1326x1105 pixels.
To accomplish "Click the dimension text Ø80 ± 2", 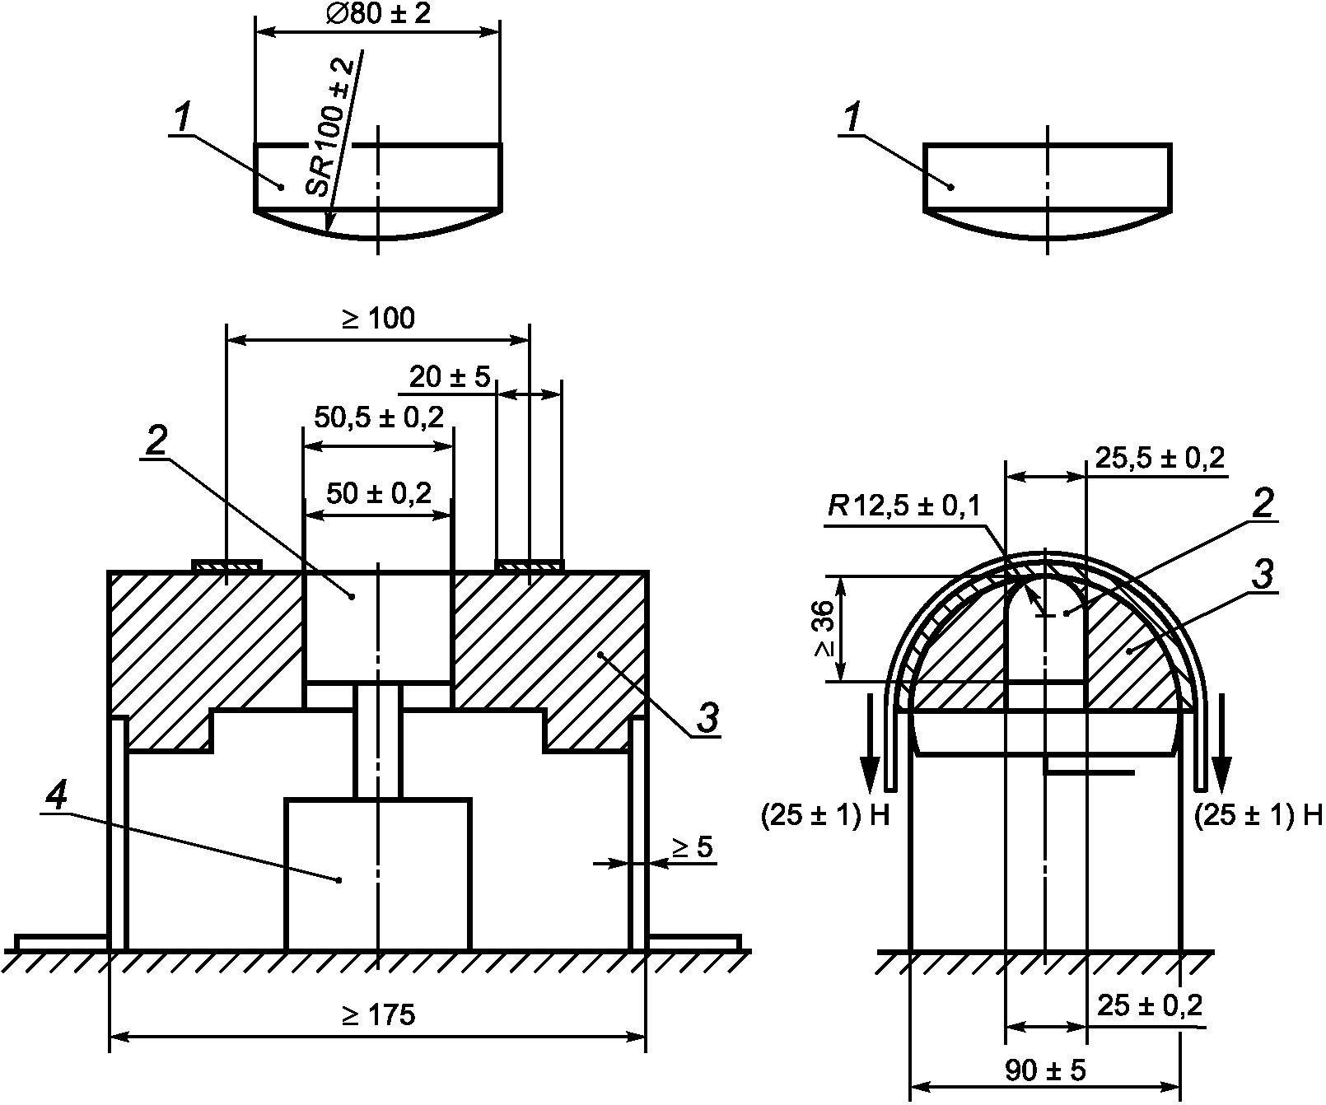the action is [377, 14].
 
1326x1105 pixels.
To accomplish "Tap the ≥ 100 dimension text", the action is [378, 318].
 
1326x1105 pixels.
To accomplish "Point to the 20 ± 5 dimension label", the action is [450, 377].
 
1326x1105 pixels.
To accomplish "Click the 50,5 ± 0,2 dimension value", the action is [379, 417].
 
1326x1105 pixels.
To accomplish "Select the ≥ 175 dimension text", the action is [378, 1015].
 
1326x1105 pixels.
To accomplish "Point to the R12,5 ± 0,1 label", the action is [904, 506].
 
